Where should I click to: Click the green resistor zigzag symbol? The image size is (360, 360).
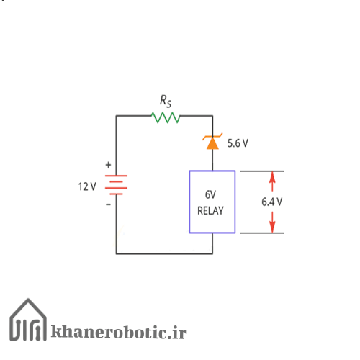click(166, 117)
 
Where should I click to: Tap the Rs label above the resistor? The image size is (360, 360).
click(166, 101)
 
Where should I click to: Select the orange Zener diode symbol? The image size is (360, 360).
click(212, 141)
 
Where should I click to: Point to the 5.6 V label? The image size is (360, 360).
click(238, 143)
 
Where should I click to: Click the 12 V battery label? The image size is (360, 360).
click(87, 186)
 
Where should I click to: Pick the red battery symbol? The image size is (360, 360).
click(116, 185)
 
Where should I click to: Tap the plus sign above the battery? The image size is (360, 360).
click(108, 165)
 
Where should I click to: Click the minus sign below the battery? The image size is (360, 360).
click(108, 204)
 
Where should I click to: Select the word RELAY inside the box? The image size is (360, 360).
click(210, 211)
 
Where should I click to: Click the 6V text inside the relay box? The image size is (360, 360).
click(210, 194)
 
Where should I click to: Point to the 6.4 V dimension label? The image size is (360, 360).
click(272, 202)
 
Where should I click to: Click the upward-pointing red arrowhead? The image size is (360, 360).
click(272, 177)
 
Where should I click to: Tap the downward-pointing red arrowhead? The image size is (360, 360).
click(272, 227)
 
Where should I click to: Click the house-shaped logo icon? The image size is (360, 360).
click(28, 320)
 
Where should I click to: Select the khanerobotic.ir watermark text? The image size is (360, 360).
click(119, 332)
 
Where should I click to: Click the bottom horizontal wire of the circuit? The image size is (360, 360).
click(164, 253)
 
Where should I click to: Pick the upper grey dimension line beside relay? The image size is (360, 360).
click(262, 171)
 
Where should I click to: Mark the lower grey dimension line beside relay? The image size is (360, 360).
click(262, 233)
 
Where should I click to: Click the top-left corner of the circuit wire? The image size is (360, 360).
click(116, 116)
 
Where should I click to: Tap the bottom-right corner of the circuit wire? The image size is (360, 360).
click(212, 253)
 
